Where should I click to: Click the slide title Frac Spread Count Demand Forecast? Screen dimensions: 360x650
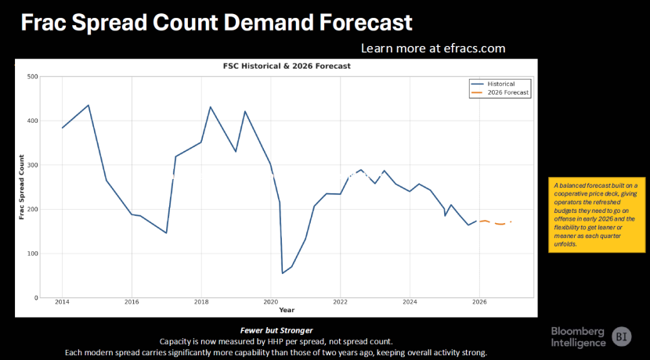216,22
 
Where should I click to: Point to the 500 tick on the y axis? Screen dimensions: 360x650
32,77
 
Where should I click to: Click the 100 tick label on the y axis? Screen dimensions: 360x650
32,254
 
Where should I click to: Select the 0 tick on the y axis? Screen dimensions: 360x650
36,298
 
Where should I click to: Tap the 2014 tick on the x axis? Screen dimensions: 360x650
62,302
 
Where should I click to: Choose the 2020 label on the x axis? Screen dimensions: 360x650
270,302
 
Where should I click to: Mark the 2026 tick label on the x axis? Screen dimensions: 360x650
479,302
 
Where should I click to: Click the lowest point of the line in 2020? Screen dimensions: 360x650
282,273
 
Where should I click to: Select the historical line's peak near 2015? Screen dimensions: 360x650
88,105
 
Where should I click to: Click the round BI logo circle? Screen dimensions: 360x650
622,335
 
